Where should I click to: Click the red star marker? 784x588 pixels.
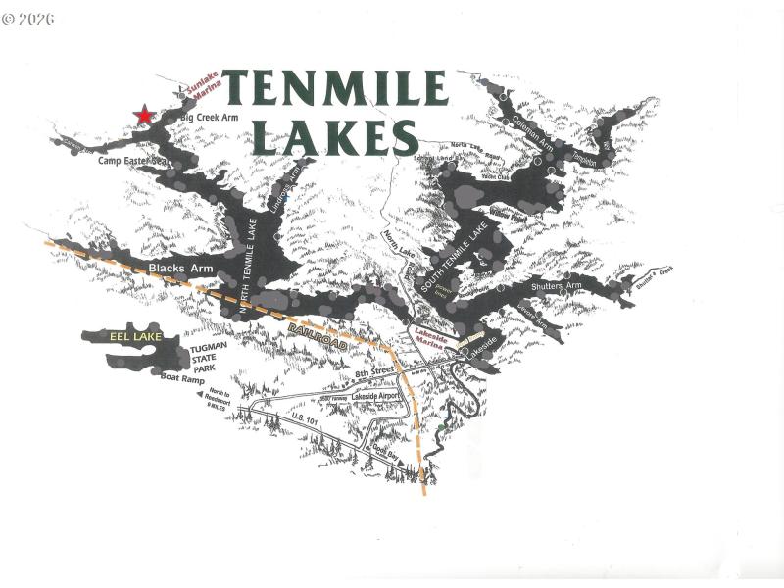click(x=144, y=116)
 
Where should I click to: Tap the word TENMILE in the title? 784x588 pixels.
click(x=335, y=89)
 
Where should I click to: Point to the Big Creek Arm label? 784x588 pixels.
click(x=210, y=118)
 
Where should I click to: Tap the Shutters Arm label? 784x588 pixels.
click(x=557, y=286)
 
